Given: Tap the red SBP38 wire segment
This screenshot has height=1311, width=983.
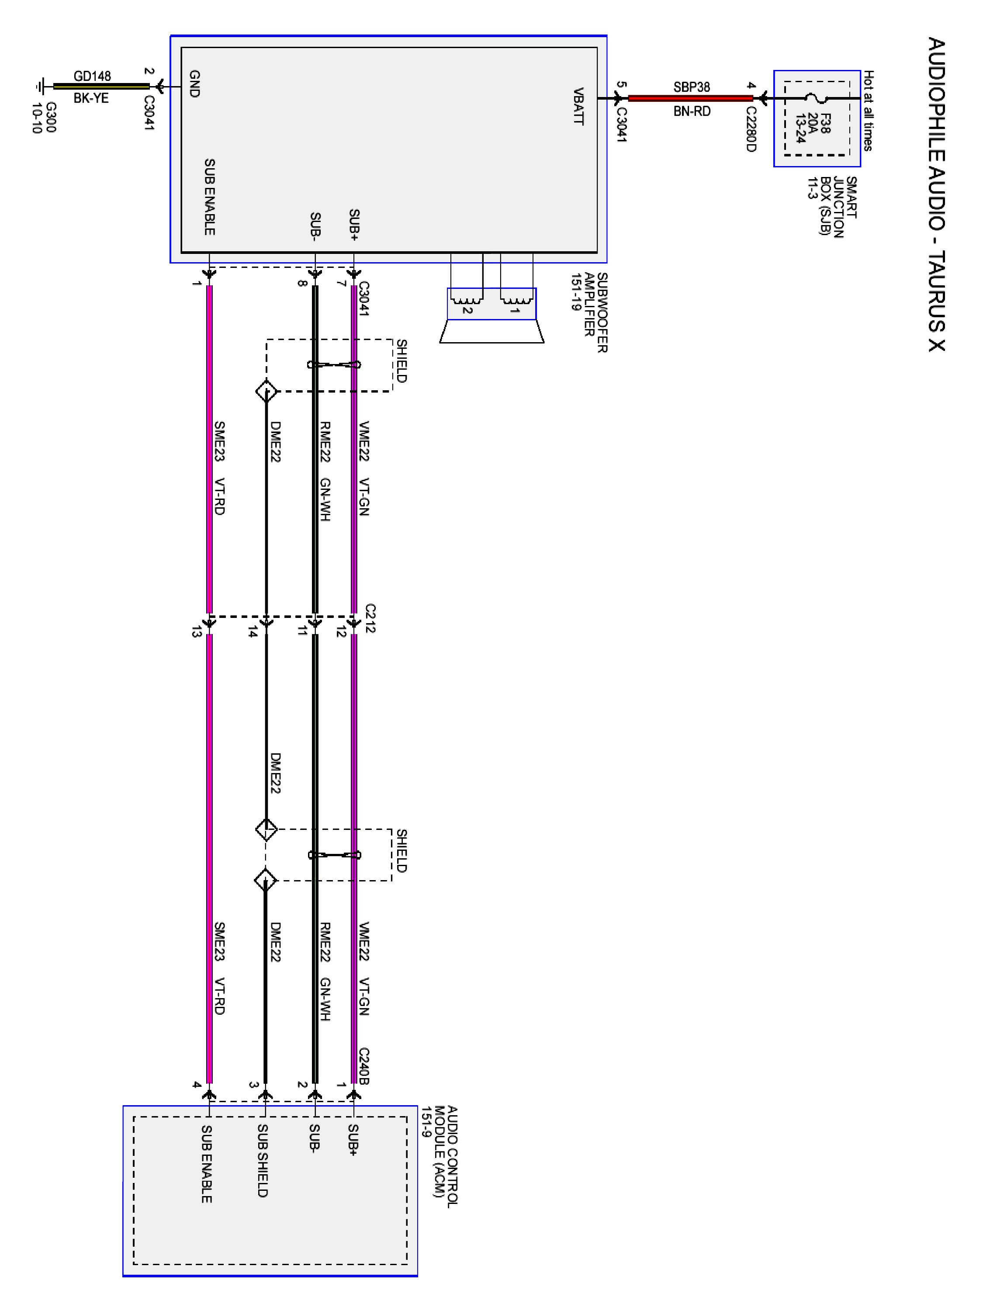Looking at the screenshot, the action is (x=690, y=98).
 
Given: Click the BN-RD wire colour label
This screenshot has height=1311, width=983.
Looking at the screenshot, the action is (x=692, y=111).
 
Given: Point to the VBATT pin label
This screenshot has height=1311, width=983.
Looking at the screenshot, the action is (x=578, y=107).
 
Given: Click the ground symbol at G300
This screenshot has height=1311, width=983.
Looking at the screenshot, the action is (x=40, y=87).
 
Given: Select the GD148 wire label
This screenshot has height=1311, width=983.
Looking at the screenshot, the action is (x=92, y=76).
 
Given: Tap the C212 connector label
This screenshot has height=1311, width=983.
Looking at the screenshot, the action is (x=370, y=618).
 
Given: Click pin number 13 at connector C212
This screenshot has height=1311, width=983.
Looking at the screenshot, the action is (x=196, y=632).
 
